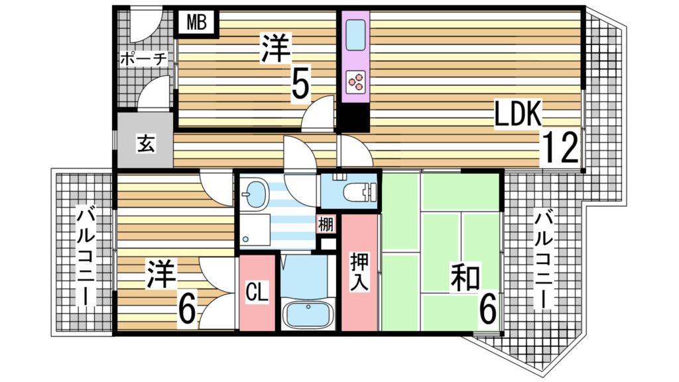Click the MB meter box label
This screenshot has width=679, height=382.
point(196,23)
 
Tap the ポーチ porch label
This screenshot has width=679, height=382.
point(143,59)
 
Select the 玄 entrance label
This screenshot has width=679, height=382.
point(146,143)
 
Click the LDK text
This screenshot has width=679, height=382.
point(519,115)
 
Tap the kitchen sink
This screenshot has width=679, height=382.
point(355,34)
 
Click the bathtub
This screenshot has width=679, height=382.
point(306,312)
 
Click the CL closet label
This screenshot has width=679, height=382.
point(257,292)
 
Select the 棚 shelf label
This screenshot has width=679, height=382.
point(326,223)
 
